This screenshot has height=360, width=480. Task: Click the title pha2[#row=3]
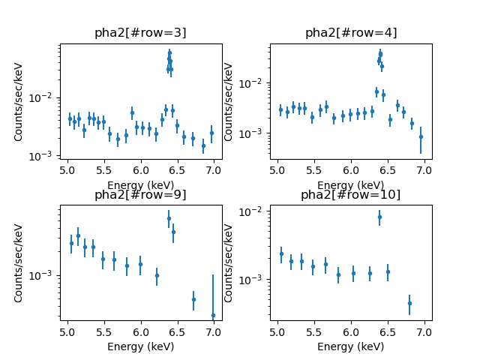click(x=140, y=33)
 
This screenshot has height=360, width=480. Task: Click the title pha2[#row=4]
click(x=351, y=33)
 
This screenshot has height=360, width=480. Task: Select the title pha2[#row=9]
click(x=140, y=195)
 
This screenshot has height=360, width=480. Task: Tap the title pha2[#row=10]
click(x=351, y=195)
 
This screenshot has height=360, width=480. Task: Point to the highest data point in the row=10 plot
click(x=379, y=217)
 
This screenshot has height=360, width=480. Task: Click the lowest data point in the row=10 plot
click(x=409, y=303)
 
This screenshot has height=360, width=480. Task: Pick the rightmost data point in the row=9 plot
click(x=213, y=315)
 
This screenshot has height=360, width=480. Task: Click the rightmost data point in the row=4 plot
click(x=421, y=136)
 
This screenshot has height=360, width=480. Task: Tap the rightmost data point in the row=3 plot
click(x=211, y=133)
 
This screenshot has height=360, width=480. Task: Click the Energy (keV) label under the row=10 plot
click(x=351, y=346)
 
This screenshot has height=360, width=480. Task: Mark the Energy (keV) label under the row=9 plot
click(x=140, y=346)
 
